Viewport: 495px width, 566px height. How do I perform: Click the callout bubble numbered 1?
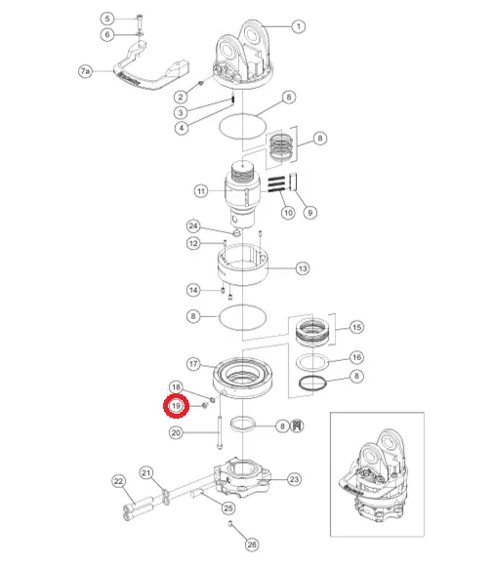pos(298,26)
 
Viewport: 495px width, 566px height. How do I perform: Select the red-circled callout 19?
pos(176,406)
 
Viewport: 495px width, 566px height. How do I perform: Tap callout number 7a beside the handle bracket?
pos(85,71)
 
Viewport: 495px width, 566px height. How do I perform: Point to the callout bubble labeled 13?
pos(303,268)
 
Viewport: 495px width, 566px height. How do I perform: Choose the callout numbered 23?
pos(294,479)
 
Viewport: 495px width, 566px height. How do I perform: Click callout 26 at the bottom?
pos(252,545)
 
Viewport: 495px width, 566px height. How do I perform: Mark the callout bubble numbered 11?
pos(201,191)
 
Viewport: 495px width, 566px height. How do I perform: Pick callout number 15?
pos(356,327)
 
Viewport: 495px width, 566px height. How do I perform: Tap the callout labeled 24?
pos(193,226)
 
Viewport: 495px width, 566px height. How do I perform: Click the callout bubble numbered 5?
pos(107,19)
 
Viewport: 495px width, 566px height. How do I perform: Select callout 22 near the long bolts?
pos(119,481)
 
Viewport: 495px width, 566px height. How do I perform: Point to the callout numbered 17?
pos(193,364)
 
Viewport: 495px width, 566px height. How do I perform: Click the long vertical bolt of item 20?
pos(220,432)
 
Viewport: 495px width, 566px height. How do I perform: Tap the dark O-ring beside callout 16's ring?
pos(312,383)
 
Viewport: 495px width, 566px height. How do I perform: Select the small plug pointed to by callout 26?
pos(230,523)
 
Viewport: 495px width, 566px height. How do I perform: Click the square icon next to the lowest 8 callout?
pos(297,425)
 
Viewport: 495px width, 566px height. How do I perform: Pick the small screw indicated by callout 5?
pos(140,21)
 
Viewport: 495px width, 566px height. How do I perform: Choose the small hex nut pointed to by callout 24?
pos(237,233)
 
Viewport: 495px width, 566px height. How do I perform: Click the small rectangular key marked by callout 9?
pos(293,182)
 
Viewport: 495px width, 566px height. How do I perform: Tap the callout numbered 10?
pos(288,213)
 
